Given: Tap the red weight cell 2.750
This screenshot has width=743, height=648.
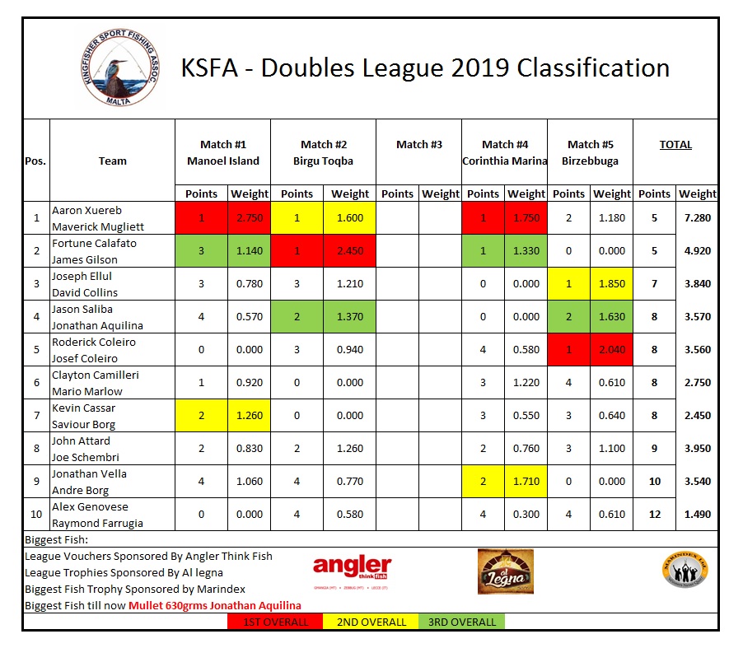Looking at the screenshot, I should (249, 218).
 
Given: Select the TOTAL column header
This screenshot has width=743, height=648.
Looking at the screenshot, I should (675, 145).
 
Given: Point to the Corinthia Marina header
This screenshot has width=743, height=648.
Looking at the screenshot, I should (504, 161).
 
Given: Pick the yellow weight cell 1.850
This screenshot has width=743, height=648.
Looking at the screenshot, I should (612, 284).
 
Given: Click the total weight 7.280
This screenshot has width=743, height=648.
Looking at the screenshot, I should (697, 218).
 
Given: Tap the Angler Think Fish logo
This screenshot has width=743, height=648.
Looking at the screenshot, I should (352, 571).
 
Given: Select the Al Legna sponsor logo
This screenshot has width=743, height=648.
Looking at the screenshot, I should (505, 571).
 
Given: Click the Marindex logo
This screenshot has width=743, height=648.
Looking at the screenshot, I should (685, 571).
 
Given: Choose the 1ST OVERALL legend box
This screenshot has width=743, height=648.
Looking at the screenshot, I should (275, 622).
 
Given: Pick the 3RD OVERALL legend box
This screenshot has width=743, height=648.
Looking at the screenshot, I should (462, 622).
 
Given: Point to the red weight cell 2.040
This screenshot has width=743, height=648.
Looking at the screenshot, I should (612, 350).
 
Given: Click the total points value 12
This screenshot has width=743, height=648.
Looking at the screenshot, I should (654, 515).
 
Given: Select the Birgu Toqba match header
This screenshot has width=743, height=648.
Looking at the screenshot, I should (323, 161).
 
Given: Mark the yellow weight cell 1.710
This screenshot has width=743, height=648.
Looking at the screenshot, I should (526, 482).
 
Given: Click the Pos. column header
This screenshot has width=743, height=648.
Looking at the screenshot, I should (35, 161).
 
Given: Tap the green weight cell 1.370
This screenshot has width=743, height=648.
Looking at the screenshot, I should (350, 317).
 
